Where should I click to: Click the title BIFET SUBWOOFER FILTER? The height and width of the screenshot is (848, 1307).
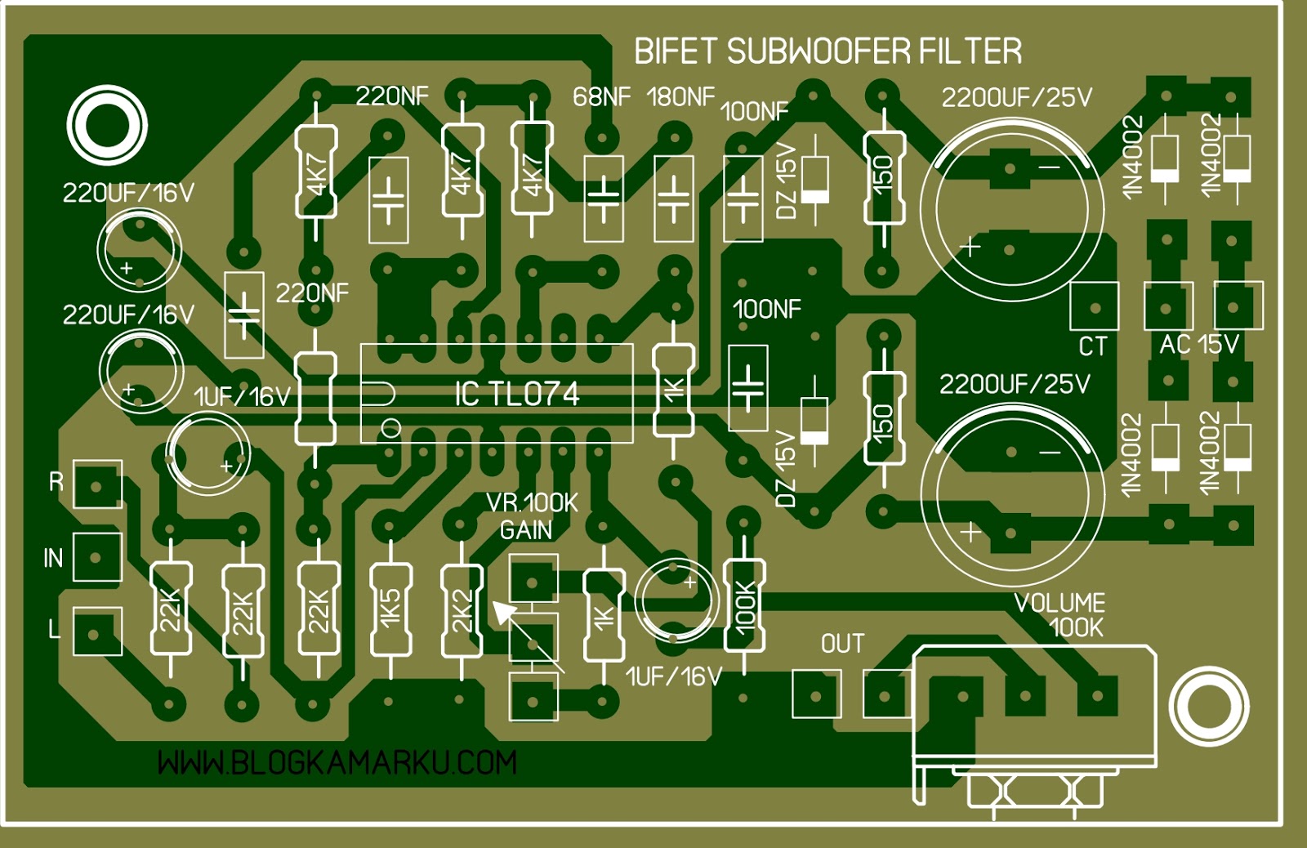[x=827, y=51]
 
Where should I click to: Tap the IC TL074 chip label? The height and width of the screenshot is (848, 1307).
[x=516, y=395]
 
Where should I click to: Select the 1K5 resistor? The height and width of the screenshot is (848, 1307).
[x=390, y=609]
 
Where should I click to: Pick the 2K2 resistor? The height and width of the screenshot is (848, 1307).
[x=462, y=609]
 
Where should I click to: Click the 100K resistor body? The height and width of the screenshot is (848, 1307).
[x=744, y=605]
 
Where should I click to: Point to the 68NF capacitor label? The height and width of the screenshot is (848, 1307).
[x=601, y=97]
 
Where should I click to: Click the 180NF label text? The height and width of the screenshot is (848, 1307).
[x=680, y=97]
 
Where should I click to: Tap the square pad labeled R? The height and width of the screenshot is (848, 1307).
[x=97, y=485]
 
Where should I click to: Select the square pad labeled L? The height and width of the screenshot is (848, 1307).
[x=97, y=632]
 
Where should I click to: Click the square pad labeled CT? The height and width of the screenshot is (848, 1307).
[x=1094, y=306]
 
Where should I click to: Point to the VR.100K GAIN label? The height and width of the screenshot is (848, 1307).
[x=532, y=516]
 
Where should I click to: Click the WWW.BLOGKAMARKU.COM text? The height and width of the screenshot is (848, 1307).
[x=337, y=763]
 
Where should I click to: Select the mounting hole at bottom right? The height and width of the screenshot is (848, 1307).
[x=1209, y=707]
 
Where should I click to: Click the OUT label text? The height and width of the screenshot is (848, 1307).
[x=842, y=644]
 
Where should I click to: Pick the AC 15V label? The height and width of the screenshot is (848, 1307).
[x=1198, y=345]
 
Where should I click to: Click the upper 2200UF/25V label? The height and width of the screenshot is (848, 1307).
[x=1016, y=98]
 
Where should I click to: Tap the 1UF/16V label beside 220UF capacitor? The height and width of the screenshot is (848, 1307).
[x=242, y=397]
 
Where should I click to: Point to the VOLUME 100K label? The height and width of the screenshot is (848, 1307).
[x=1060, y=615]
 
